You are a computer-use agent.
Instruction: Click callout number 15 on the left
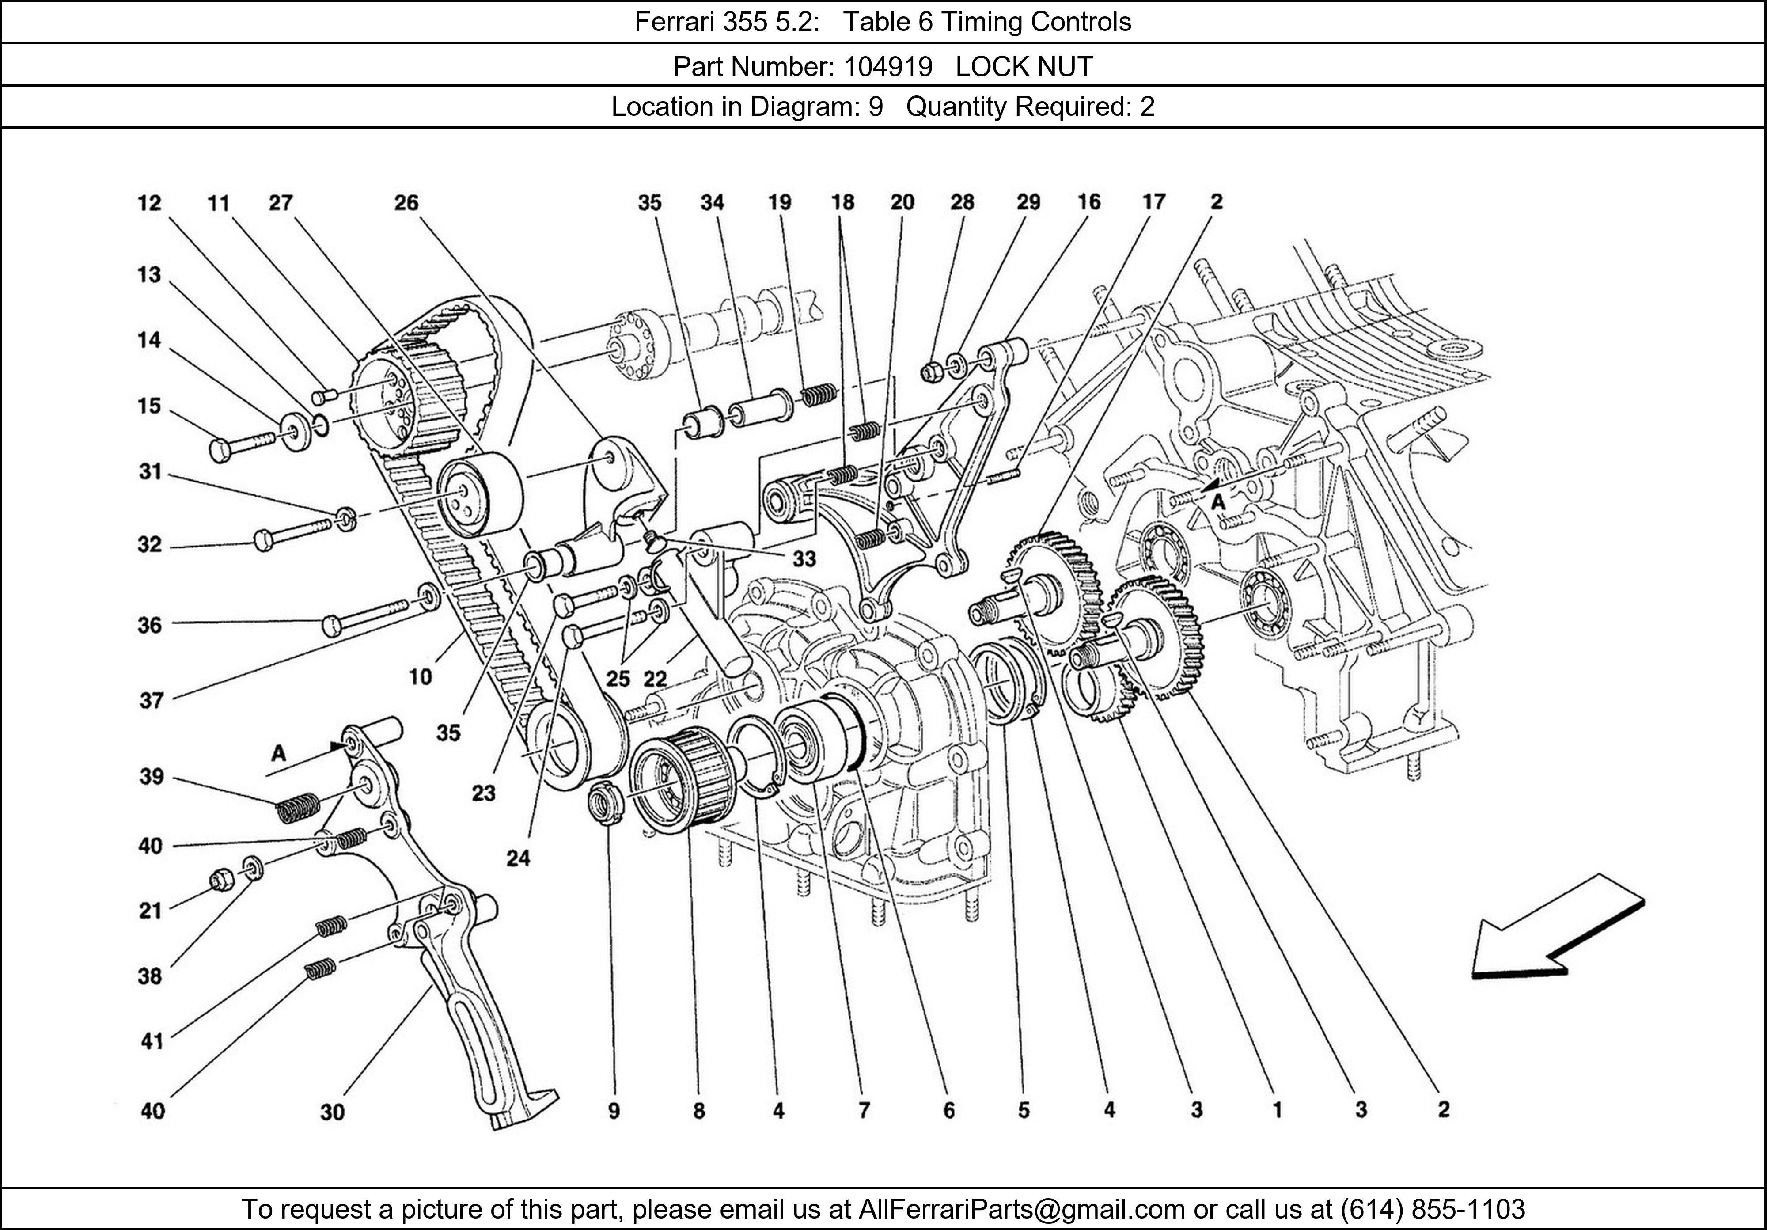click(149, 406)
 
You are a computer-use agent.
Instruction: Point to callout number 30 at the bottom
click(333, 1112)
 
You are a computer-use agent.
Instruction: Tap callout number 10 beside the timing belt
click(420, 676)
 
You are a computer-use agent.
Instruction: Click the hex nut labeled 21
click(221, 879)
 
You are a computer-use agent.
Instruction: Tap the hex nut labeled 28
click(930, 372)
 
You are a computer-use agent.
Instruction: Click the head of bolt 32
click(262, 539)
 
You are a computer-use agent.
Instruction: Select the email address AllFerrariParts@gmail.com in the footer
click(1021, 1209)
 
